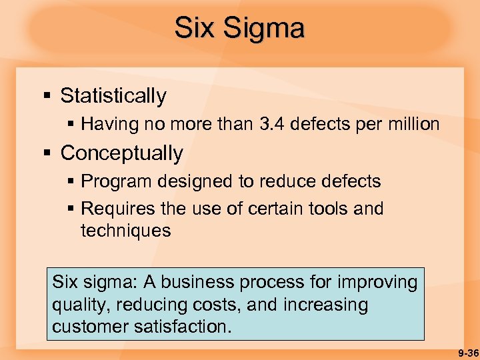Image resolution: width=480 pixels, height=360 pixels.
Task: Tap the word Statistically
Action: point(113,96)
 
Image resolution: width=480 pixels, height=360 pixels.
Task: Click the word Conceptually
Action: point(121,153)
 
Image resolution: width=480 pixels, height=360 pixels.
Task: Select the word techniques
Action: point(125,231)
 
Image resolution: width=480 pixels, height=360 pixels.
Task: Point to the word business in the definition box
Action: point(212,282)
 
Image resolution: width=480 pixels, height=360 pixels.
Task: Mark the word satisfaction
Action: point(189,327)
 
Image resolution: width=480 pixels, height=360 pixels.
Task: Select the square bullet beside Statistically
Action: point(47,97)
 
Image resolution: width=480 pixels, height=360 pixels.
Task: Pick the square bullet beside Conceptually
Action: point(47,154)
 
